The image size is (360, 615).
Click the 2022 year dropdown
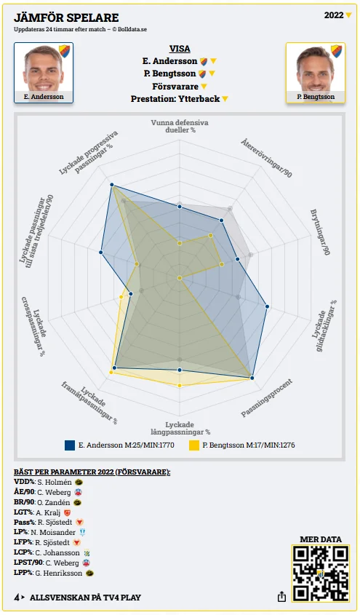pyautogui.click(x=338, y=15)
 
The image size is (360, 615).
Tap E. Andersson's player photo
pyautogui.click(x=44, y=73)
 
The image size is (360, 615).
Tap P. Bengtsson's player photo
pyautogui.click(x=316, y=73)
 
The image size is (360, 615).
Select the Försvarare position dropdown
pyautogui.click(x=180, y=87)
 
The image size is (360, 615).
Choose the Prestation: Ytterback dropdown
pyautogui.click(x=180, y=99)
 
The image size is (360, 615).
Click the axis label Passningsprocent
pyautogui.click(x=266, y=398)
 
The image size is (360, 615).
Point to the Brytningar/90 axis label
pyautogui.click(x=320, y=232)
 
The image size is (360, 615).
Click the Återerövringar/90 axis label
pyautogui.click(x=266, y=158)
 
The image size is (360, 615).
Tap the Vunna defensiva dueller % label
pyautogui.click(x=180, y=126)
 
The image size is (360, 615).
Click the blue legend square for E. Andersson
pyautogui.click(x=70, y=445)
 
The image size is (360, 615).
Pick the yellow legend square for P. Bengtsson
pyautogui.click(x=194, y=445)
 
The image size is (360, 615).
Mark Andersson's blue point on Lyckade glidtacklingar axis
pyautogui.click(x=267, y=306)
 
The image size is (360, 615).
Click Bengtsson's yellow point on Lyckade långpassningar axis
pyautogui.click(x=180, y=386)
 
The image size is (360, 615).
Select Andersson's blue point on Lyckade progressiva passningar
pyautogui.click(x=112, y=185)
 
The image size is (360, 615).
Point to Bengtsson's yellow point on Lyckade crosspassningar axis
pyautogui.click(x=121, y=297)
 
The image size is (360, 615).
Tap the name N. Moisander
pyautogui.click(x=53, y=533)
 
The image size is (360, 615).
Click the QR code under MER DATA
pyautogui.click(x=321, y=574)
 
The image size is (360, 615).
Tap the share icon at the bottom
pyautogui.click(x=281, y=597)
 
